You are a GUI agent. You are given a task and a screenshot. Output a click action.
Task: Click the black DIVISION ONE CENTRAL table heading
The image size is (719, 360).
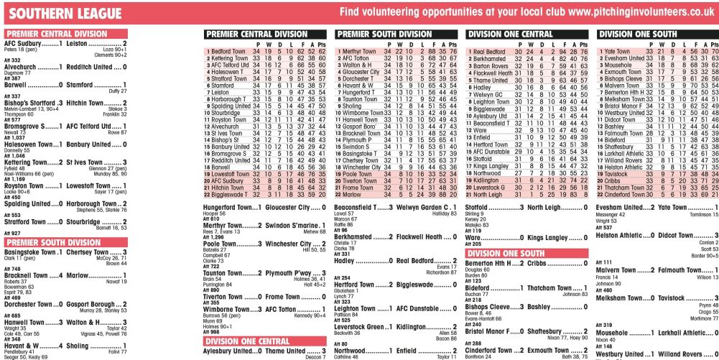pyautogui.click(x=510, y=34)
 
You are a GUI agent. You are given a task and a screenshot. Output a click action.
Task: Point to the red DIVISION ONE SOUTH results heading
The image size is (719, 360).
pyautogui.click(x=513, y=254)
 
